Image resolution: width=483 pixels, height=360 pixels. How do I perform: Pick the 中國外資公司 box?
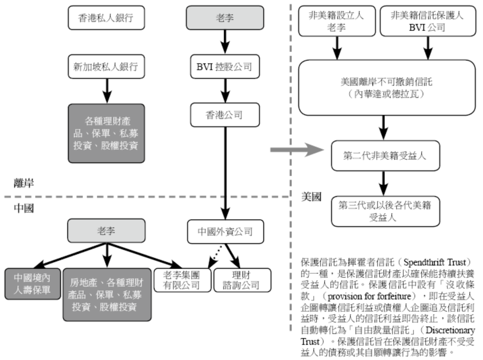[x=225, y=232]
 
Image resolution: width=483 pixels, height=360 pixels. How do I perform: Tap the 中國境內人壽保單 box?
[x=33, y=284]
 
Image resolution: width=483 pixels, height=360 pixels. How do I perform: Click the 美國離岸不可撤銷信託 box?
[x=387, y=87]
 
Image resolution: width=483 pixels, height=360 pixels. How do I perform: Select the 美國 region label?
[x=312, y=197]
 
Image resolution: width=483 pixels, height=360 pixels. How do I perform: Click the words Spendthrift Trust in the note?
[x=436, y=262]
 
